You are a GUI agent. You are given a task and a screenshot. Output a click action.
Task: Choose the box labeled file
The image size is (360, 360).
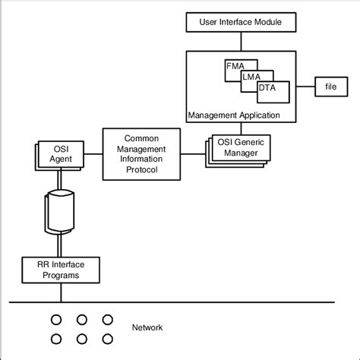[331, 87]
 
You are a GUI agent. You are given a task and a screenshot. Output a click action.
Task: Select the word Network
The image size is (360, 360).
[147, 328]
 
